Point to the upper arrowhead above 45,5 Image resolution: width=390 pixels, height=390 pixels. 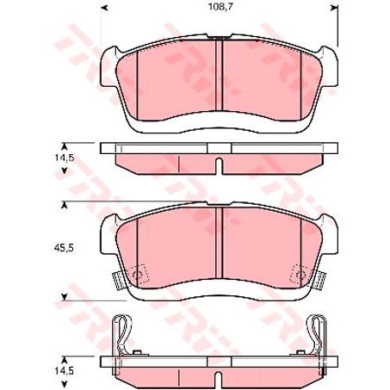[x=64, y=203]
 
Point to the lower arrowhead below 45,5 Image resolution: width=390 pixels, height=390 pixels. [x=64, y=298]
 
